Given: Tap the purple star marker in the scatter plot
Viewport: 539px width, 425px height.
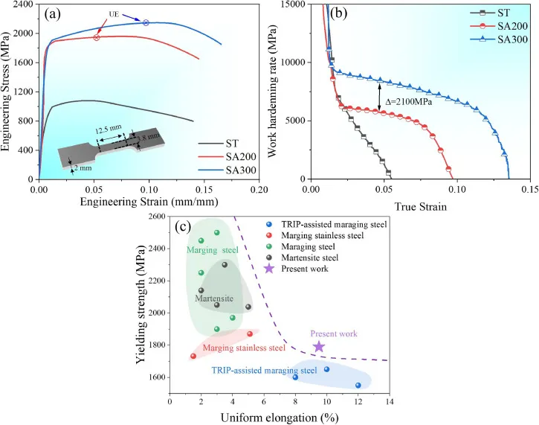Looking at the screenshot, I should click(x=319, y=346).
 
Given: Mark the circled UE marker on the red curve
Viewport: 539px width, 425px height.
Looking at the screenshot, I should click(x=97, y=37).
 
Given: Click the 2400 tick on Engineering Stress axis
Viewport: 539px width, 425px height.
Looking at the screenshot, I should click(x=24, y=4).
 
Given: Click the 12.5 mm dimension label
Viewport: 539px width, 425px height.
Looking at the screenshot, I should click(x=106, y=130).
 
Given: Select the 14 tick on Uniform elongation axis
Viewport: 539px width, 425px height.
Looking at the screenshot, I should click(x=389, y=403).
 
